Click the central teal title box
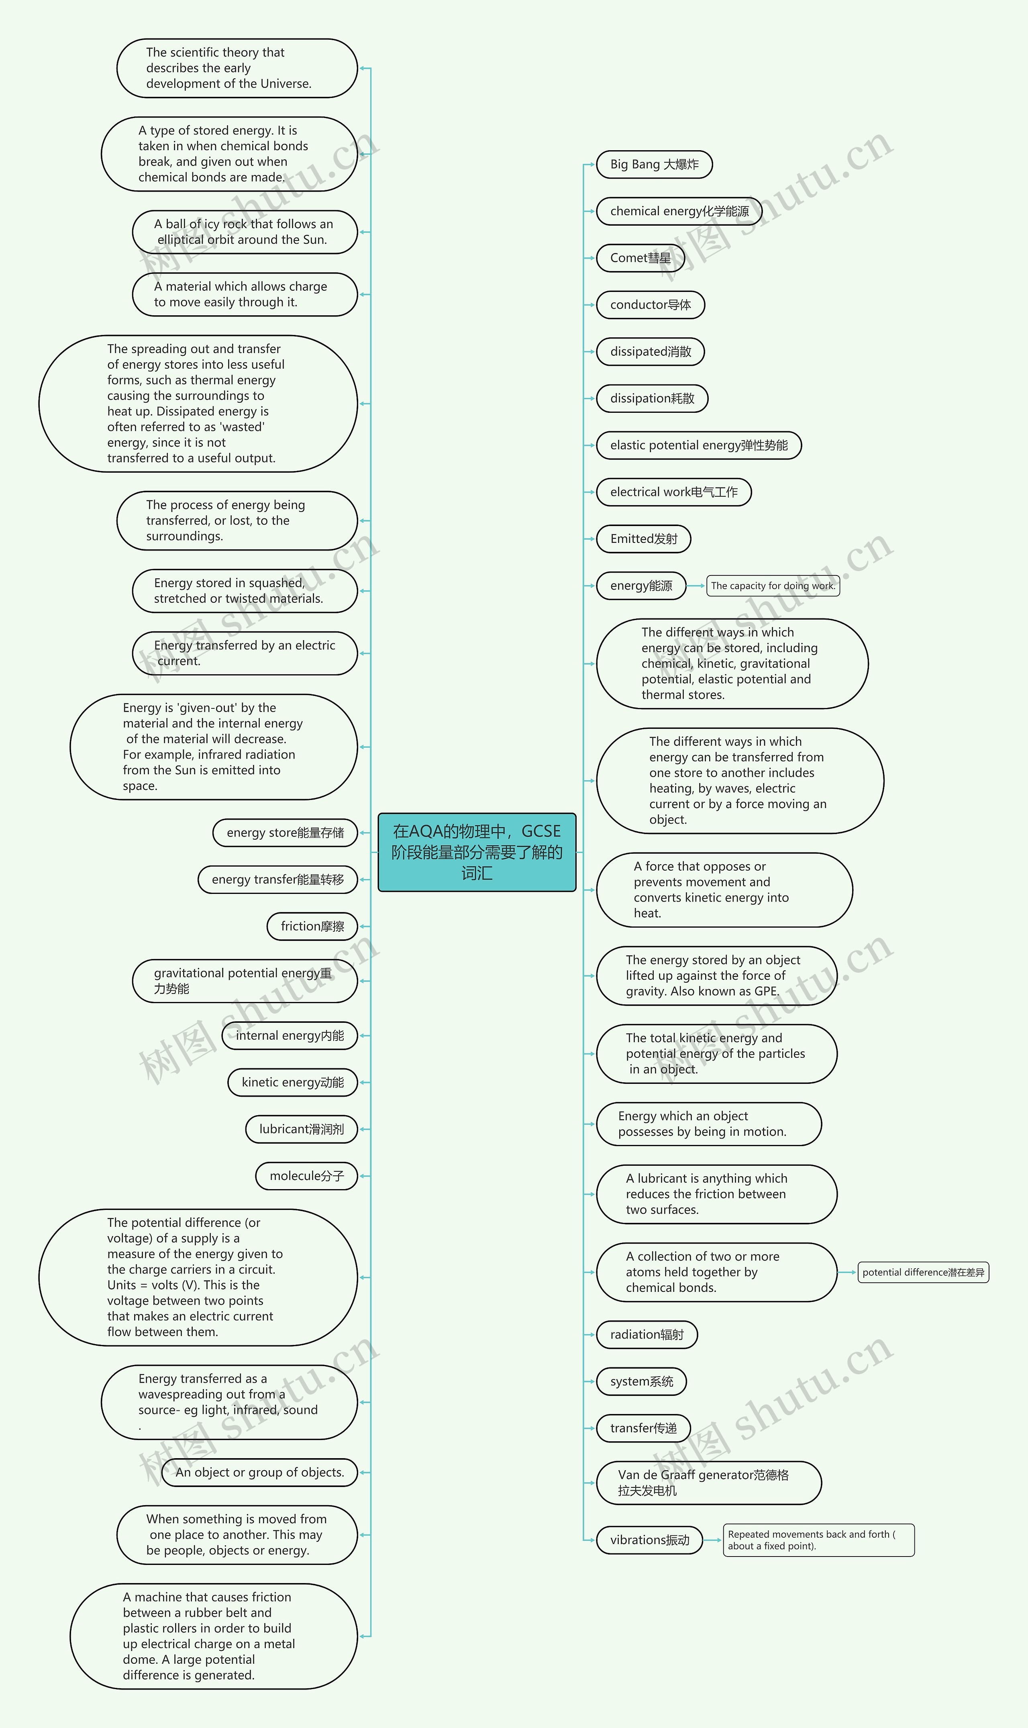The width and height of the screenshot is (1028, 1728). click(477, 852)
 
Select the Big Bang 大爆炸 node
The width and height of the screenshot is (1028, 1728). click(654, 165)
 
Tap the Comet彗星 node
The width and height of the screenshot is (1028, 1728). click(640, 258)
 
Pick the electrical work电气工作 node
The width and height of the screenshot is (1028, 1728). click(673, 492)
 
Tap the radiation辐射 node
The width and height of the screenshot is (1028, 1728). click(646, 1334)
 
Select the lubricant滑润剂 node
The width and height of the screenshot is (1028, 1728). click(301, 1129)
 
